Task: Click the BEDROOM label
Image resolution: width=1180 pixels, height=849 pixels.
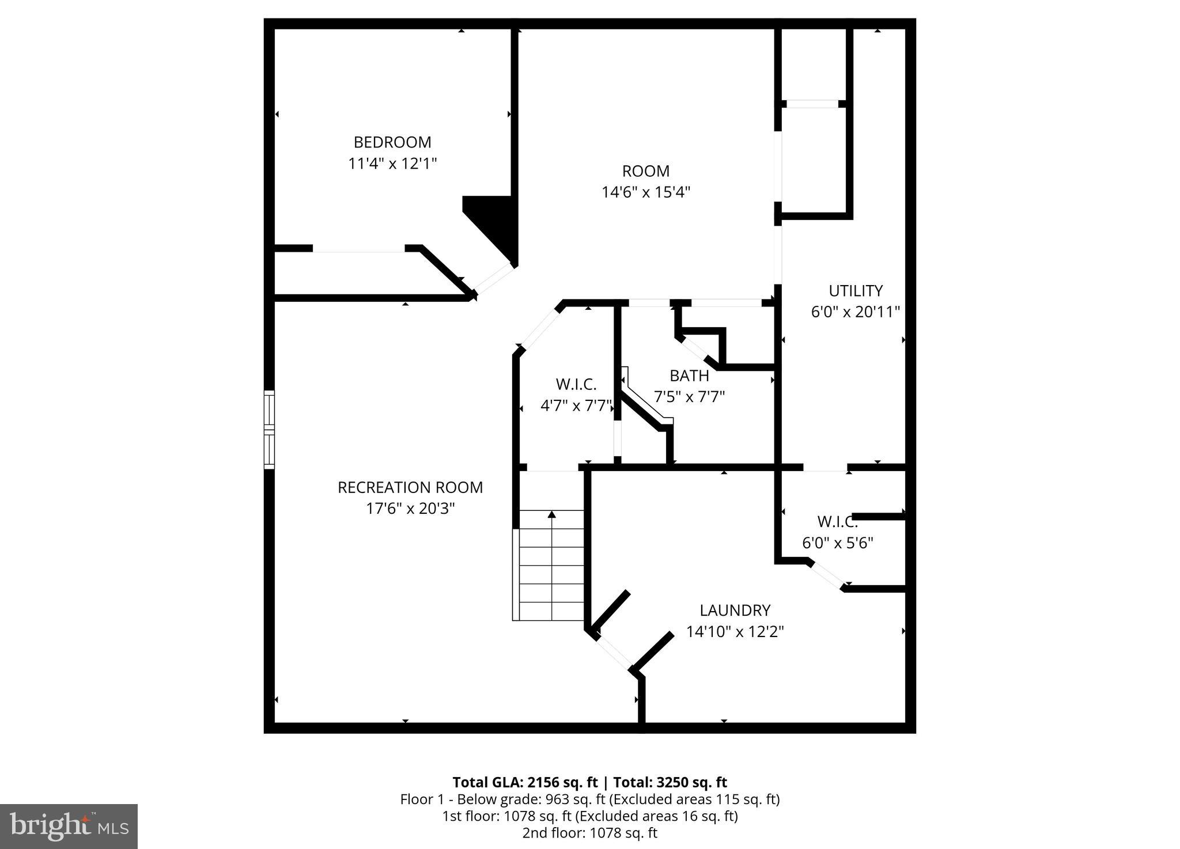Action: (x=392, y=142)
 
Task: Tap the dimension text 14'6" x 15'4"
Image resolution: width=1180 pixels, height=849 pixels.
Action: (x=645, y=192)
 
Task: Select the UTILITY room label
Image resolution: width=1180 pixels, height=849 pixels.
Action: (x=855, y=290)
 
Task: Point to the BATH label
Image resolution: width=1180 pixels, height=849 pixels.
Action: (x=689, y=376)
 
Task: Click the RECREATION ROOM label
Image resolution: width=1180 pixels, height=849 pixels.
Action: (x=410, y=487)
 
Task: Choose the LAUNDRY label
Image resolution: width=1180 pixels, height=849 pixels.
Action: (x=735, y=610)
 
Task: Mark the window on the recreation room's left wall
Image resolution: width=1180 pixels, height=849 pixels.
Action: (x=269, y=429)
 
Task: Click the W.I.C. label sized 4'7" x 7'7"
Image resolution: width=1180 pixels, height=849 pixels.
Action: (x=576, y=384)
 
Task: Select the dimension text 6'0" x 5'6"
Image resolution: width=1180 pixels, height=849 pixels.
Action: (x=837, y=543)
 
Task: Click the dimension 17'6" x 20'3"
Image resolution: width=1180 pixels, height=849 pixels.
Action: (x=410, y=509)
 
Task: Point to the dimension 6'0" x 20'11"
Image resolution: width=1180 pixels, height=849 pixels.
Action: (x=855, y=312)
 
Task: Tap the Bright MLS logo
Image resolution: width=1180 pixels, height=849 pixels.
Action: (x=69, y=827)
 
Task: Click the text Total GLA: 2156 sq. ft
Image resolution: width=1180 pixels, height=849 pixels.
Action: (x=525, y=782)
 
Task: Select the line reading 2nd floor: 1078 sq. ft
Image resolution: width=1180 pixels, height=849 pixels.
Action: (x=589, y=832)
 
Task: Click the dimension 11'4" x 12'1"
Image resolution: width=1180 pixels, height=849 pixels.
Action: (x=392, y=164)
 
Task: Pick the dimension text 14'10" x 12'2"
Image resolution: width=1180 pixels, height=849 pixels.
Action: (x=735, y=632)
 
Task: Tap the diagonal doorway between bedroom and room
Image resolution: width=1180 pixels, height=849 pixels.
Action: (x=493, y=279)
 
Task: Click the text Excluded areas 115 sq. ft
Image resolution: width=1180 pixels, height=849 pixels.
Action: (x=695, y=799)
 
